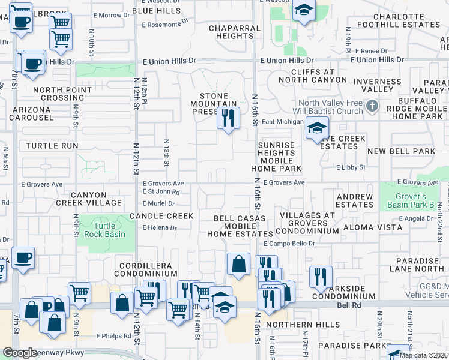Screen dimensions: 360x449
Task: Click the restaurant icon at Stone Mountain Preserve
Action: click(x=228, y=118)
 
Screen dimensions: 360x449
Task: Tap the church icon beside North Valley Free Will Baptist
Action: click(x=372, y=107)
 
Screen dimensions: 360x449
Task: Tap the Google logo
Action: click(x=20, y=353)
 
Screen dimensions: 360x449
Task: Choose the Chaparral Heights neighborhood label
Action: click(x=231, y=32)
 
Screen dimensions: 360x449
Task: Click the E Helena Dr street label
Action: click(x=160, y=228)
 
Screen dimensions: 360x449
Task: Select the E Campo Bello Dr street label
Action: click(x=289, y=244)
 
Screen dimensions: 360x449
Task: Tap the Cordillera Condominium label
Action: click(x=145, y=270)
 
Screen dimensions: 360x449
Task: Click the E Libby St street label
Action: click(x=351, y=167)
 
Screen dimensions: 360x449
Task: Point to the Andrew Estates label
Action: click(x=354, y=200)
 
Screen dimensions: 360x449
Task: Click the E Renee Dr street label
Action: click(x=372, y=52)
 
